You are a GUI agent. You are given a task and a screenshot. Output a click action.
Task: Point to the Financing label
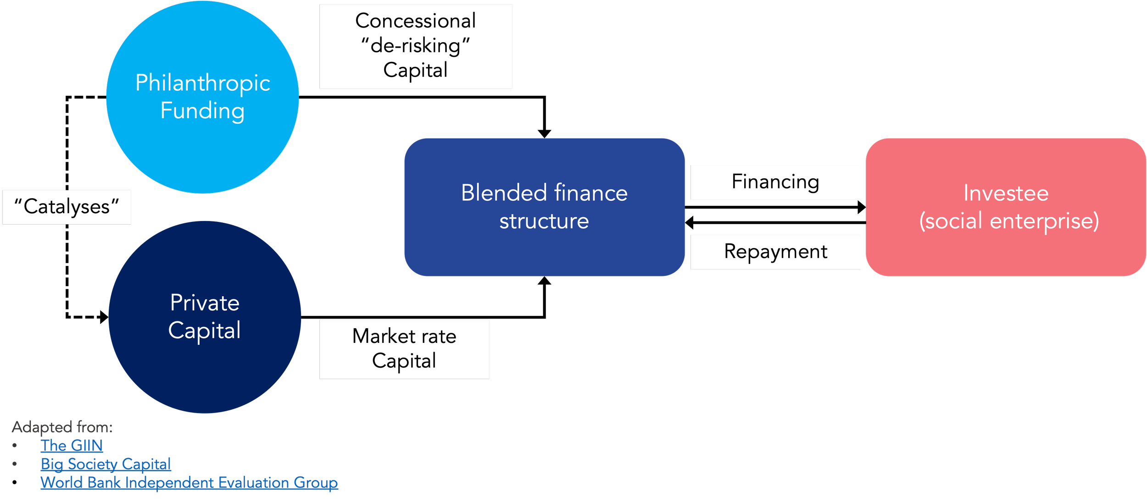[775, 182]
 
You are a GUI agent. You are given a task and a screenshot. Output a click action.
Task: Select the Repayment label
[775, 252]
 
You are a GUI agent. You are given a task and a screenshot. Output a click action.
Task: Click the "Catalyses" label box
[67, 207]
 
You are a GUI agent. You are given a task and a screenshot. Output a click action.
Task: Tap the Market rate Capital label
[404, 349]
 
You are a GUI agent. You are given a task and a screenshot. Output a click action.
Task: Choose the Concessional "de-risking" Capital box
[416, 46]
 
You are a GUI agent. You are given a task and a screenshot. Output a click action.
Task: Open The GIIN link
[72, 445]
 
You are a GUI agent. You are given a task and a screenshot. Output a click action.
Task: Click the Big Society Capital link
[106, 464]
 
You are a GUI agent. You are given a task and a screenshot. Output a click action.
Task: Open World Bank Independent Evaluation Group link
[189, 482]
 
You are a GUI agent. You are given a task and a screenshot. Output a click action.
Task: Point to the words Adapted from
[62, 427]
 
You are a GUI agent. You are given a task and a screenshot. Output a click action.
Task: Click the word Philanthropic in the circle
[202, 83]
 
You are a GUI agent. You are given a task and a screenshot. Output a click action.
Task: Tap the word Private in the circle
[205, 303]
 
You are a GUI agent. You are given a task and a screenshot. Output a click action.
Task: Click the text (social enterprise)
[1009, 221]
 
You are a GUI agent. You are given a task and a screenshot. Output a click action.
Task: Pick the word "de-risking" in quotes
[416, 46]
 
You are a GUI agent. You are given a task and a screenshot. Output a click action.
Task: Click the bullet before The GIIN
[15, 445]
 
